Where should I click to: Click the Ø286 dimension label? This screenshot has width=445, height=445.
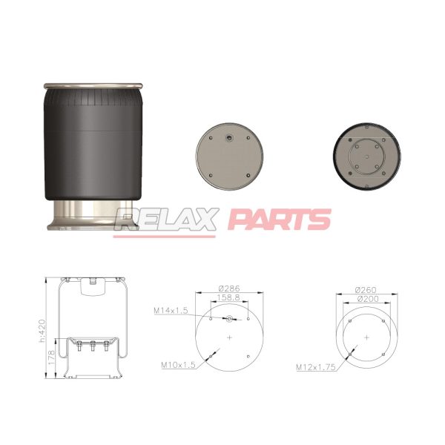click(x=229, y=289)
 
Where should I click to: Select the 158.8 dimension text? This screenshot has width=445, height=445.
click(x=228, y=297)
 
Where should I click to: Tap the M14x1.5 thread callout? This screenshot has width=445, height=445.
click(x=171, y=311)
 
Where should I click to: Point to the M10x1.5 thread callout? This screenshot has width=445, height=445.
click(x=178, y=365)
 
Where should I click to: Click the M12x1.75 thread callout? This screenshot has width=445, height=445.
click(x=316, y=367)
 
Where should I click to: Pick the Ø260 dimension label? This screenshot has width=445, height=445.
click(x=366, y=290)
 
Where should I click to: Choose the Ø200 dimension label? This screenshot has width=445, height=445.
click(x=368, y=299)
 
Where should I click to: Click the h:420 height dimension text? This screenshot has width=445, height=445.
click(x=42, y=331)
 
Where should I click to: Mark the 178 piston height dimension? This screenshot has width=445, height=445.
click(x=51, y=357)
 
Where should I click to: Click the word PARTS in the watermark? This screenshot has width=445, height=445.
click(x=280, y=219)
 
